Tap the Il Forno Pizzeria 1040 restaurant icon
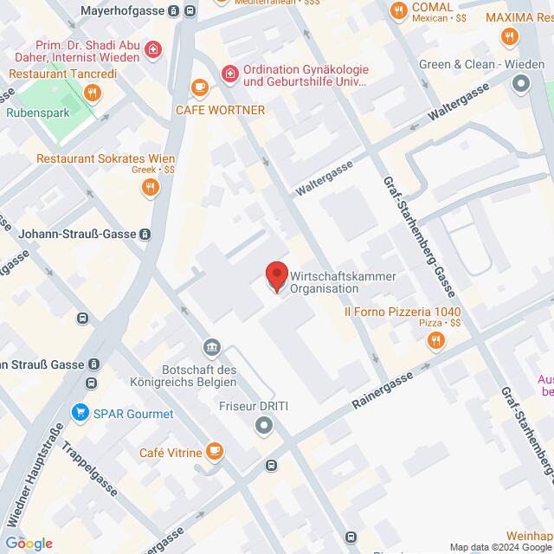click(435, 343)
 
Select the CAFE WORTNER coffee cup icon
click(200, 87)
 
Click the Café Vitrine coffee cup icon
click(215, 452)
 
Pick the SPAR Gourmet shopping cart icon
click(82, 413)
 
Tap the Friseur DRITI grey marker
click(264, 425)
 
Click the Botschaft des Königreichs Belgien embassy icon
click(210, 348)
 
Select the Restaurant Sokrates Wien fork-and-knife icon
click(152, 185)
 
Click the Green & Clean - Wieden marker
click(521, 84)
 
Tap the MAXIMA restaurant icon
click(509, 37)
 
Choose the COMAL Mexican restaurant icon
click(398, 11)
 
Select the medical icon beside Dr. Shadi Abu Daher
click(153, 51)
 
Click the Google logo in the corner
click(28, 544)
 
